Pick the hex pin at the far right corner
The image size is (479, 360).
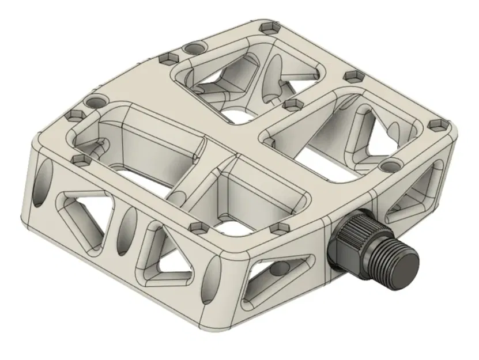coord(437,123)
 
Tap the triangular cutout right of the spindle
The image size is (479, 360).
coord(413,196)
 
